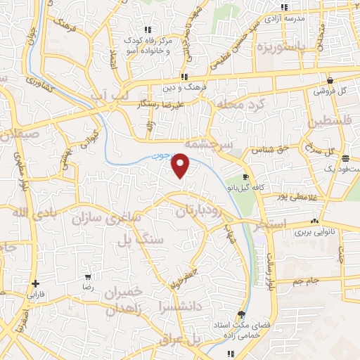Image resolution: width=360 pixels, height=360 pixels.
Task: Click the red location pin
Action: [181, 165]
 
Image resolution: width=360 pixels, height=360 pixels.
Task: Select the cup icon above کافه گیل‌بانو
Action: [245, 176]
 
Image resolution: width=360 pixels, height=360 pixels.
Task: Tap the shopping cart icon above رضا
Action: [88, 276]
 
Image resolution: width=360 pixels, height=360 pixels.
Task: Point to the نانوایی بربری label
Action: [311, 231]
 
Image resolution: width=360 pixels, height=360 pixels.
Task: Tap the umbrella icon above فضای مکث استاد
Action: [243, 314]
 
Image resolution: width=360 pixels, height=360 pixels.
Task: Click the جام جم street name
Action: [308, 281]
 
